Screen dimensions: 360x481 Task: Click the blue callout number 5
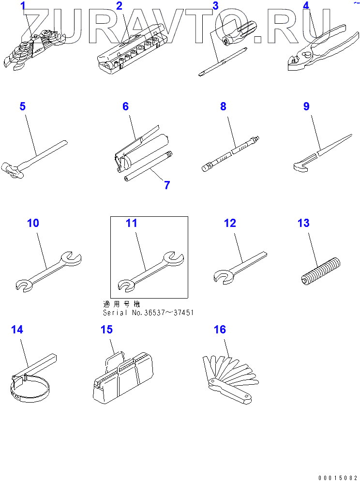(x=22, y=106)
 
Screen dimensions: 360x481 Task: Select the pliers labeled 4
(x=323, y=49)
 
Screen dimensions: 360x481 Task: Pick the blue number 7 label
(x=167, y=185)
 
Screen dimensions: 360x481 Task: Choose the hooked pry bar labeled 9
(x=322, y=152)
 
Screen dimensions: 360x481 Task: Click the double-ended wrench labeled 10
(x=48, y=270)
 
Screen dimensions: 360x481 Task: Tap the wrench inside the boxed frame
(x=151, y=270)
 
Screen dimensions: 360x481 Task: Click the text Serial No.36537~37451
(x=148, y=313)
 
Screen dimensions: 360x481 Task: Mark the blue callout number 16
(x=220, y=330)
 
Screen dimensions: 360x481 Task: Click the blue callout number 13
(x=303, y=223)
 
